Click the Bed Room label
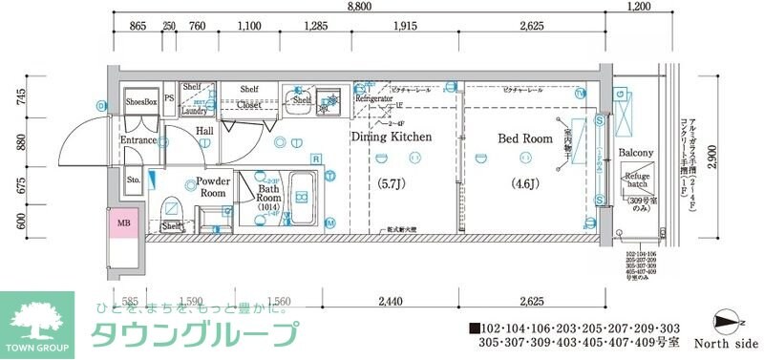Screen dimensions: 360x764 point(524,138)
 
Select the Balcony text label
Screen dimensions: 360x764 point(635,153)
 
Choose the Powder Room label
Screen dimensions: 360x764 point(212,186)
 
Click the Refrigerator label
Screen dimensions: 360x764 point(373,98)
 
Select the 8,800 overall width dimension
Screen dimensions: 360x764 point(360,7)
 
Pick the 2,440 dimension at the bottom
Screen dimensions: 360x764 point(389,301)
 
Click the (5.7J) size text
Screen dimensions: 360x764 point(392,182)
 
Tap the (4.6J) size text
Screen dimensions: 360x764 point(525,182)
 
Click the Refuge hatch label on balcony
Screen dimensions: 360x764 point(637,182)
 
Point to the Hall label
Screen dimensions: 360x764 point(204,131)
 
